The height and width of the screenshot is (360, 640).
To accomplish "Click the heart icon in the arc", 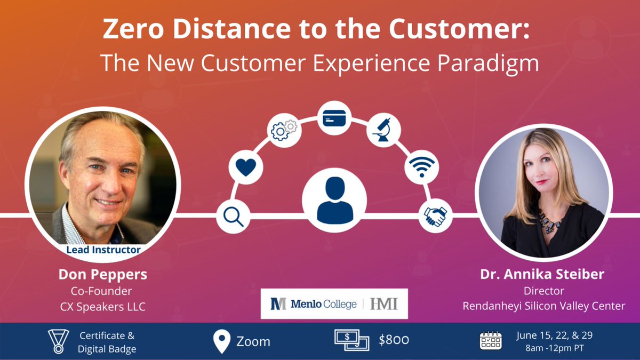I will click(246, 167).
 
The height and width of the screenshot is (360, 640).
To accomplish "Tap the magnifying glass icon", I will click(233, 217).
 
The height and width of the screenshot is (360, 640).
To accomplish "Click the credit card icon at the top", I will click(334, 118).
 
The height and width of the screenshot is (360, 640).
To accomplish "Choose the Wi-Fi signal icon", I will click(421, 167).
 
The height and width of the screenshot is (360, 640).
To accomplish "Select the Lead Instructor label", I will click(103, 249).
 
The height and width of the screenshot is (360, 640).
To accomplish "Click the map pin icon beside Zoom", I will click(221, 341).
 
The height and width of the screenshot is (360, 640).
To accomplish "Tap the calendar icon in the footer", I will click(490, 340).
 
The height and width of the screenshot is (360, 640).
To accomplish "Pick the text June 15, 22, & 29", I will click(554, 335).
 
